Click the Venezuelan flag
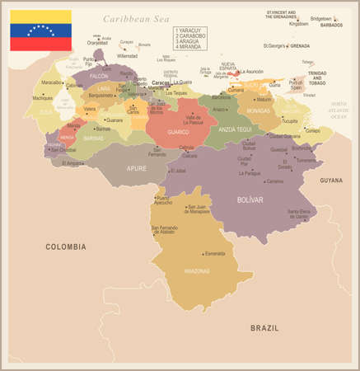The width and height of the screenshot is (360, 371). pos(40,31)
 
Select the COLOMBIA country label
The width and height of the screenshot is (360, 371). pos(65,247)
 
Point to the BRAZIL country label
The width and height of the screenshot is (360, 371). pos(265,328)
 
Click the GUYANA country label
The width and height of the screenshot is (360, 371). pos(331,180)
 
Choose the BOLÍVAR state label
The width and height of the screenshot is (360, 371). pos(250,200)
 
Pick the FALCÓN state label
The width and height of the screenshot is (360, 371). pos(100,76)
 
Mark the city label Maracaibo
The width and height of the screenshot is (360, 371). pos(53,82)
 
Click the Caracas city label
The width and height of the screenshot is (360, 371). pos(161,82)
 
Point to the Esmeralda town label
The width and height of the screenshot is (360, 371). pos(214,253)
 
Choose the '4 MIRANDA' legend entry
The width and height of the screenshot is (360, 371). pos(189,46)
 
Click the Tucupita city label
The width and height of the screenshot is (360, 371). pos(289,120)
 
